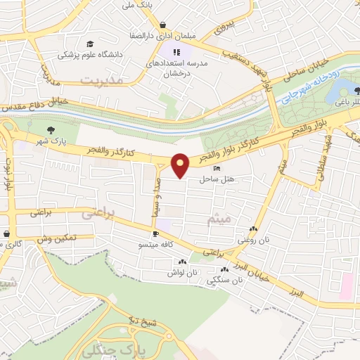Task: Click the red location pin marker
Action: click(181, 165)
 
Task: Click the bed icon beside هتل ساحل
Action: click(216, 168)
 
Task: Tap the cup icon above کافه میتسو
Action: click(155, 233)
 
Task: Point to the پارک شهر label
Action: click(51, 141)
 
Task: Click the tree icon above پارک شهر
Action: click(51, 130)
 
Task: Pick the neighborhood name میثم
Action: click(219, 219)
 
